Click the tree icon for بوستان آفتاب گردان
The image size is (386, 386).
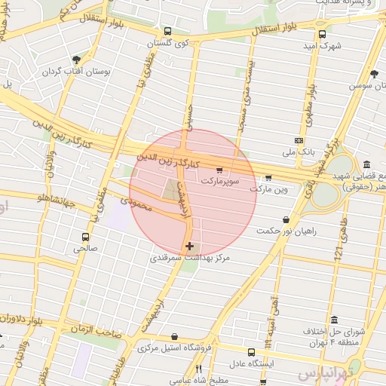[76, 60]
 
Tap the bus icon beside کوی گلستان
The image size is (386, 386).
[167, 32]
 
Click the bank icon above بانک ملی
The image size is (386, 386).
[299, 140]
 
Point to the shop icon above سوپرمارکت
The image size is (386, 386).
[219, 170]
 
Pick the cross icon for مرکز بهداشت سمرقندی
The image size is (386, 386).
[189, 246]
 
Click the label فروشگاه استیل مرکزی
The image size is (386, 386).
[175, 348]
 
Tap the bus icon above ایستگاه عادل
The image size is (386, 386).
[252, 351]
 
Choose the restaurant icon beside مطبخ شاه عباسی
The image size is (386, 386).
[199, 369]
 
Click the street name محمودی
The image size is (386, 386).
[136, 202]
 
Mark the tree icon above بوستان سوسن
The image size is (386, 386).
[375, 74]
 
